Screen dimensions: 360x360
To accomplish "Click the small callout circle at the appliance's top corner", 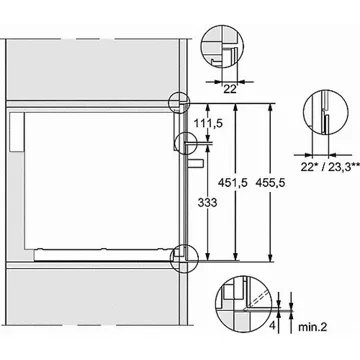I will coord(178,103).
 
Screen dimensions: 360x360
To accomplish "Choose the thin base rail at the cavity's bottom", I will coord(100,247).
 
